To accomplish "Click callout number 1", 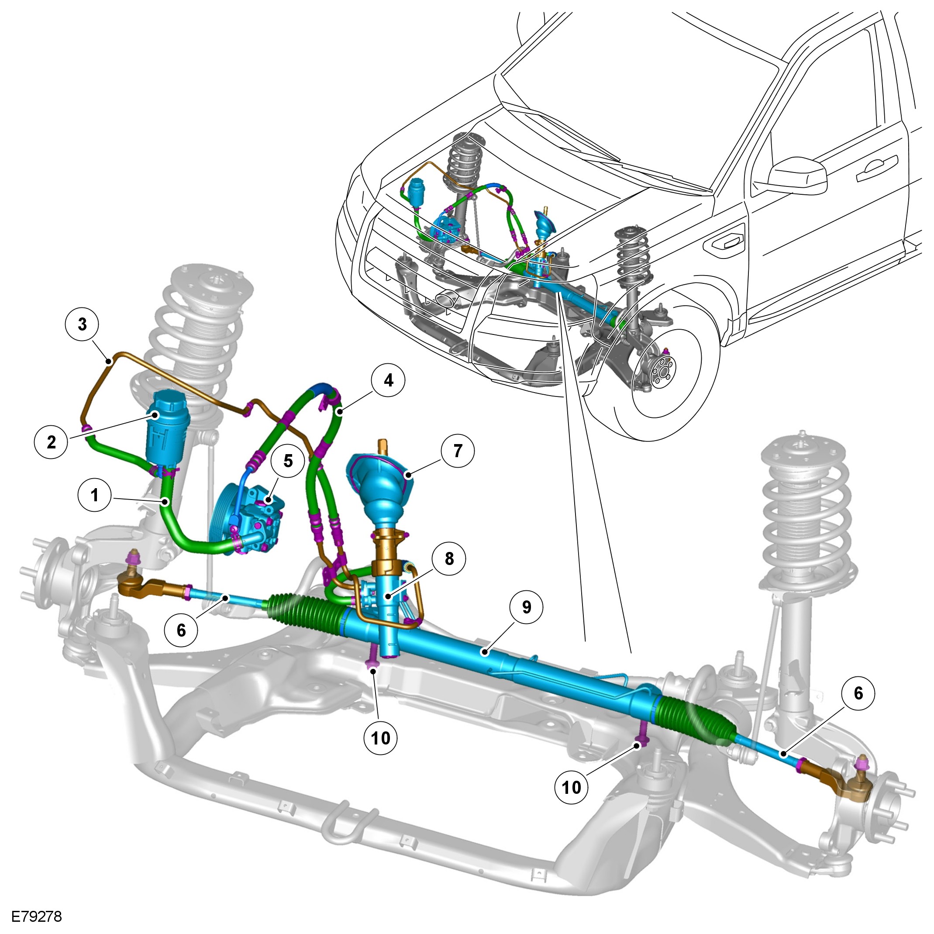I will pyautogui.click(x=95, y=495).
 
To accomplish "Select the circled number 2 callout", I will pyautogui.click(x=51, y=441).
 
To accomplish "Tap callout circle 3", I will pyautogui.click(x=82, y=324).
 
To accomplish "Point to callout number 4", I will pyautogui.click(x=388, y=380).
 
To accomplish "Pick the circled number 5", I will pyautogui.click(x=288, y=461).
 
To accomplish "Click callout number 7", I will pyautogui.click(x=457, y=451).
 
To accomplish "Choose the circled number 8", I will pyautogui.click(x=449, y=558).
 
